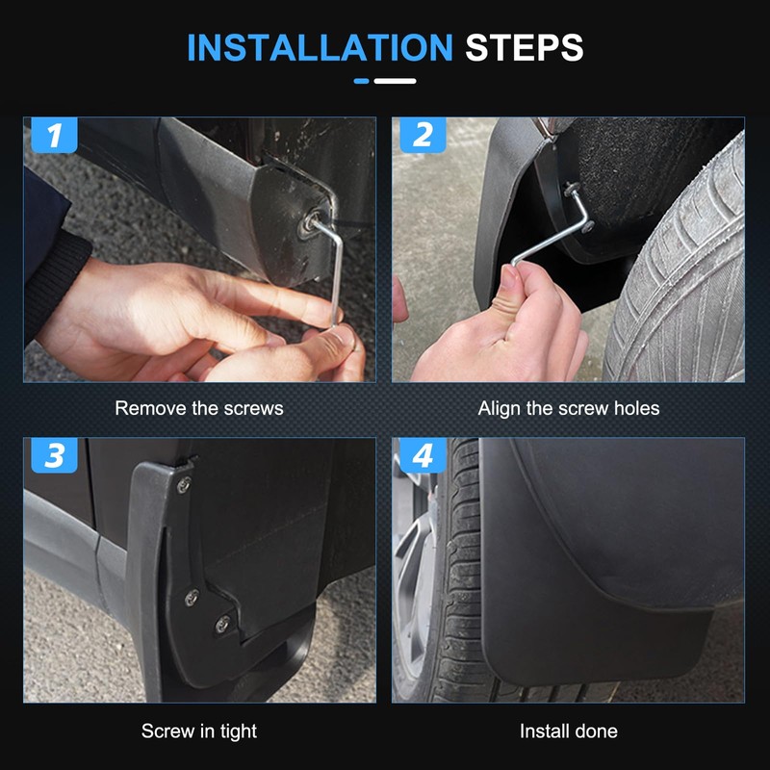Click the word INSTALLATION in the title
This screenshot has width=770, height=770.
click(319, 47)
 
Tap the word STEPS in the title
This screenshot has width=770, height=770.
click(525, 47)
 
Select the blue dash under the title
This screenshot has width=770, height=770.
click(362, 81)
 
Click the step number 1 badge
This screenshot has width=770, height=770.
click(55, 136)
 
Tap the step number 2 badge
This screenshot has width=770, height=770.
click(423, 136)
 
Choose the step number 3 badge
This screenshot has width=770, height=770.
click(55, 455)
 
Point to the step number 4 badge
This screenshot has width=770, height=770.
click(423, 455)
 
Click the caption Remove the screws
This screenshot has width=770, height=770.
click(199, 408)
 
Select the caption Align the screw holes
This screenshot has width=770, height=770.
click(569, 408)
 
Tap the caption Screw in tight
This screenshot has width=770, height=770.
click(199, 731)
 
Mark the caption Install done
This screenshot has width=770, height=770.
click(569, 731)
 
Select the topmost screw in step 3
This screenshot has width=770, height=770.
click(184, 485)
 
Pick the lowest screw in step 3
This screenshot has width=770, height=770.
click(222, 624)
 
